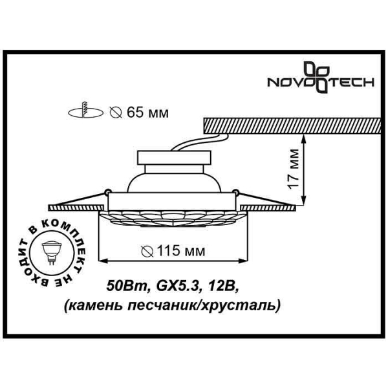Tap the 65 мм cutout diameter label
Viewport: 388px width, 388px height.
pos(139,113)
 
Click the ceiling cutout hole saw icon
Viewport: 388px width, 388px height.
pos(85,111)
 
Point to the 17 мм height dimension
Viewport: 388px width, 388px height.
pos(294,169)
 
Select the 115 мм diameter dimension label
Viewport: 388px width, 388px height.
pos(173,252)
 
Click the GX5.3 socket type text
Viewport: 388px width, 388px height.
pos(177,286)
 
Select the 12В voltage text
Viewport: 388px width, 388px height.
pos(222,286)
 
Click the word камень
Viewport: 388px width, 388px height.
pos(96,306)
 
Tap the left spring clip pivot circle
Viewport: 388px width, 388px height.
pos(107,191)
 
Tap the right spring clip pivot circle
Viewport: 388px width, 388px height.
pos(235,191)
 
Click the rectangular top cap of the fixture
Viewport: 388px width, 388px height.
pos(175,157)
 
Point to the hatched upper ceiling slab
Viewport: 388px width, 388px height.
pos(292,125)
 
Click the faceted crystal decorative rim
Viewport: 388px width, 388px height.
pos(173,219)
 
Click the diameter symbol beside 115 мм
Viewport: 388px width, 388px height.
pos(147,252)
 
